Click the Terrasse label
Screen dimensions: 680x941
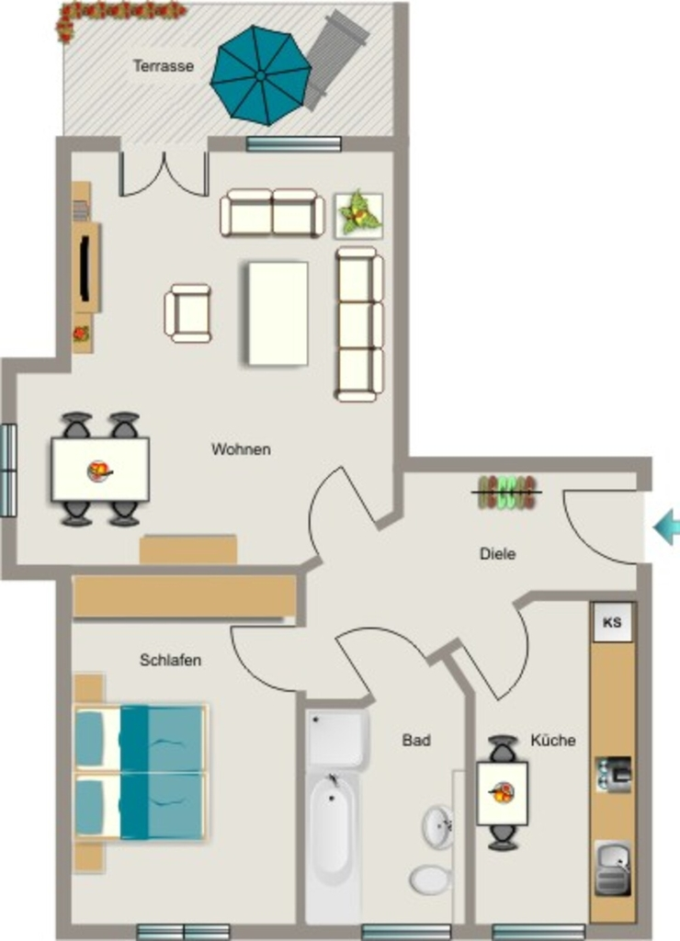click(164, 65)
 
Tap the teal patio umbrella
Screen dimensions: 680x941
click(261, 75)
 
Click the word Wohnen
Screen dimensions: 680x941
click(241, 448)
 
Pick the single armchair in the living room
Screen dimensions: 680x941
click(187, 313)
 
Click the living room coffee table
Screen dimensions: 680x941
click(278, 312)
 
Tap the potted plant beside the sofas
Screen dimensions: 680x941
click(359, 215)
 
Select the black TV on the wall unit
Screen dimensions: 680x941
click(85, 267)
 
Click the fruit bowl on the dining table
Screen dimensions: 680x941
click(100, 470)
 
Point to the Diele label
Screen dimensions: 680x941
click(497, 553)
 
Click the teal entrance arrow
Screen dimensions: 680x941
click(666, 527)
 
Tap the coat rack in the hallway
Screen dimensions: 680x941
click(507, 493)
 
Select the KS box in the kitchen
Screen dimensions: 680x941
click(612, 622)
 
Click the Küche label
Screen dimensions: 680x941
click(553, 740)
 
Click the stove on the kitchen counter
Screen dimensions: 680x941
click(613, 774)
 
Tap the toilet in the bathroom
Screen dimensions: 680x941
click(430, 879)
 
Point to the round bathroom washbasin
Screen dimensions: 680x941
click(438, 827)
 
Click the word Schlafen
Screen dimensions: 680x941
click(170, 660)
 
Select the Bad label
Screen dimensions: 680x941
click(416, 740)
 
